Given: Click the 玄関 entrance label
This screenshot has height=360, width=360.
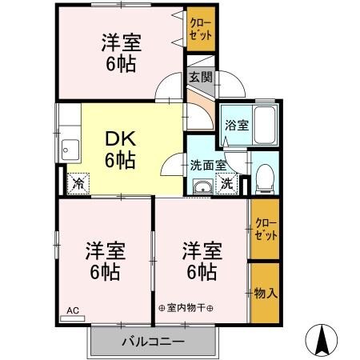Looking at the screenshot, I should coord(201,78).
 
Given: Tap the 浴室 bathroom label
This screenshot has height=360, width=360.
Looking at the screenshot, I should coord(236,125).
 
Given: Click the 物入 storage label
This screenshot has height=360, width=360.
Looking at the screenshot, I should coord(266,294).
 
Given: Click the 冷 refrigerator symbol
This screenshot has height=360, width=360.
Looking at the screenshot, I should coord(78,183).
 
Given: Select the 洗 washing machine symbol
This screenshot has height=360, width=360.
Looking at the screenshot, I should coord(227,183).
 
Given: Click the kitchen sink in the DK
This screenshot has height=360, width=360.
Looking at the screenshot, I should coord(70,149).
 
